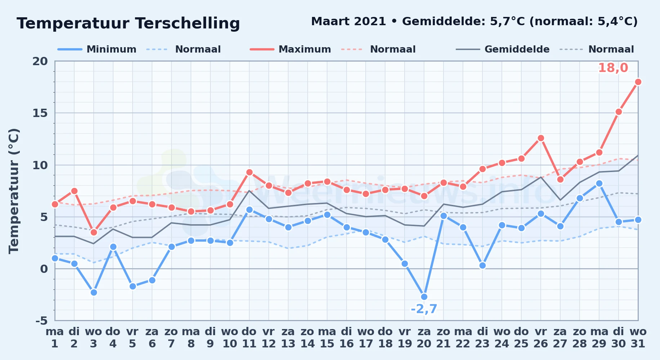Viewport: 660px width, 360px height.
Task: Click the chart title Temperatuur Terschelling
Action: [x=128, y=23]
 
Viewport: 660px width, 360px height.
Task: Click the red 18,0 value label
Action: [x=613, y=68]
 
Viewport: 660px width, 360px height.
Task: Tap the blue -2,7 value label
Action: [x=424, y=309]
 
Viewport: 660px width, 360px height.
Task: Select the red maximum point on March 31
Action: [x=638, y=82]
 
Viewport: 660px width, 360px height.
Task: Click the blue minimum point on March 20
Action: [x=424, y=297]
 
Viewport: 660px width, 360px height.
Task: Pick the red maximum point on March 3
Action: [x=94, y=232]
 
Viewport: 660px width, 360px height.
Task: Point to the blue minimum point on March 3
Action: [x=94, y=293]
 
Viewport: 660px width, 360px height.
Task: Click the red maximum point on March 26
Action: [x=541, y=138]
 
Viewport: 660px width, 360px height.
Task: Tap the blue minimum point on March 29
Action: [x=599, y=183]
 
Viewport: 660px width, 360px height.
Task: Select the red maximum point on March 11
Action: [x=249, y=172]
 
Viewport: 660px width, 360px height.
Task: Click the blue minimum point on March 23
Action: [x=482, y=265]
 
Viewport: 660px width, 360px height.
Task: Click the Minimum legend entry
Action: [x=97, y=49]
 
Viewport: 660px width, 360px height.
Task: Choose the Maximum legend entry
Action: [x=290, y=49]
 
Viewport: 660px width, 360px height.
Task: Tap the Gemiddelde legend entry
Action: [x=503, y=49]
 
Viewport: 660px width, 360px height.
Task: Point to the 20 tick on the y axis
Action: [x=40, y=61]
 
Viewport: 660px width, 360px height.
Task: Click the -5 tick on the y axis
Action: [x=41, y=320]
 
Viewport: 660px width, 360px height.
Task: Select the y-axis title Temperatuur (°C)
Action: [x=14, y=191]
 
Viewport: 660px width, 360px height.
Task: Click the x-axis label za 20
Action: [x=424, y=338]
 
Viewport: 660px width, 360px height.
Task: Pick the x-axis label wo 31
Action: [x=638, y=338]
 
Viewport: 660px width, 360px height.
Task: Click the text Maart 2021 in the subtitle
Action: [x=348, y=22]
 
